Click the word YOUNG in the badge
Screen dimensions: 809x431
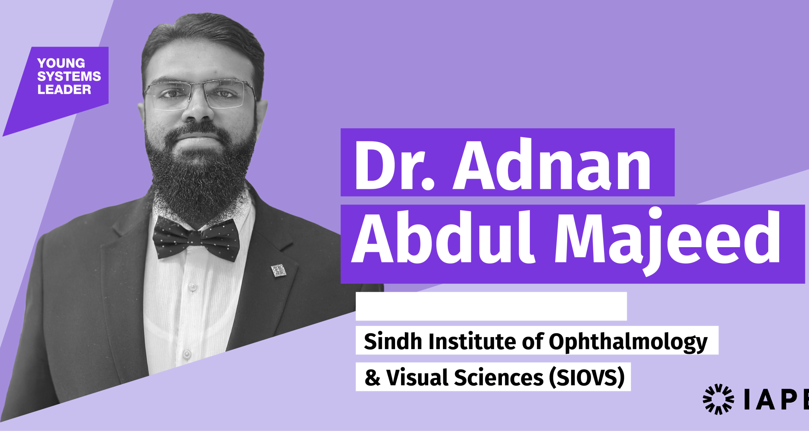click(x=61, y=63)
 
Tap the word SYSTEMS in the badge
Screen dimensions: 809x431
click(x=69, y=76)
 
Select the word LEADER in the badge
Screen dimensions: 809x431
click(x=64, y=90)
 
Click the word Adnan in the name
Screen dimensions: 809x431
click(x=552, y=164)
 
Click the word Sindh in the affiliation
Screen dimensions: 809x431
click(x=393, y=341)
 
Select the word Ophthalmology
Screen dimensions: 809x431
click(x=628, y=342)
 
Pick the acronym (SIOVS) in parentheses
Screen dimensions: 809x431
click(x=587, y=377)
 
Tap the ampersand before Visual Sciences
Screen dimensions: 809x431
click(x=372, y=378)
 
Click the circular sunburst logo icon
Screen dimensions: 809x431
click(x=718, y=399)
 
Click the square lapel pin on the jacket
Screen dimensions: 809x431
click(x=279, y=270)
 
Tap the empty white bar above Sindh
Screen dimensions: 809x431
click(x=491, y=306)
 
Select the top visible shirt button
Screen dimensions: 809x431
click(x=193, y=287)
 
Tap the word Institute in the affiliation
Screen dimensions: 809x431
click(x=472, y=341)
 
